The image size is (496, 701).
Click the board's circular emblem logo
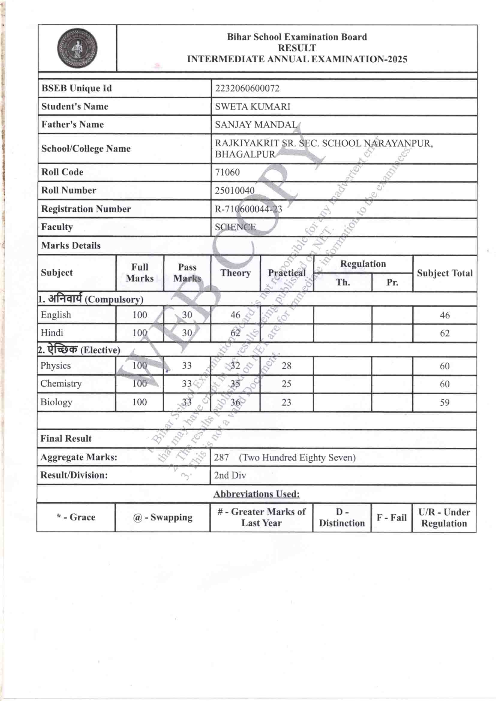[x=77, y=48]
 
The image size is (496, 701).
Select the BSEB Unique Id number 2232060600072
[x=247, y=88]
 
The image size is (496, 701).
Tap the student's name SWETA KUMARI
[x=252, y=107]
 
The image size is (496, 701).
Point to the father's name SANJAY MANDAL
[x=256, y=124]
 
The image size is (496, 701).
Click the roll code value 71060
[x=227, y=172]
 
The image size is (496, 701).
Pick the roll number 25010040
[x=235, y=190]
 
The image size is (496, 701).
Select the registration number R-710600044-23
[x=248, y=209]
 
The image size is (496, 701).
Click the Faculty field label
[x=57, y=227]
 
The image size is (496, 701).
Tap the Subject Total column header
[x=445, y=273]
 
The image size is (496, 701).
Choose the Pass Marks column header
[x=187, y=273]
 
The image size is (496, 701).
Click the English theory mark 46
[x=235, y=315]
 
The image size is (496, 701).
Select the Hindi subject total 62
[x=445, y=333]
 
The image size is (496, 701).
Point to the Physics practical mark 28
[x=286, y=366]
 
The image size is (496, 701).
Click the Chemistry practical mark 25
[x=286, y=384]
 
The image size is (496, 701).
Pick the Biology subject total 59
[x=445, y=402]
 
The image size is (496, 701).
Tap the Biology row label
[x=56, y=402]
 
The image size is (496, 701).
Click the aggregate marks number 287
[x=221, y=457]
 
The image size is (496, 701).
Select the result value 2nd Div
[x=230, y=475]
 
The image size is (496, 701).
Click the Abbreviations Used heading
[x=257, y=494]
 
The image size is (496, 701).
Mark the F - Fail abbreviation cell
[x=392, y=518]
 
